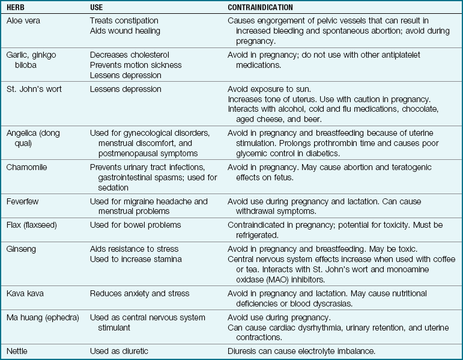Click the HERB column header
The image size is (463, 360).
coord(16,8)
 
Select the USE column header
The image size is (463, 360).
coord(98,8)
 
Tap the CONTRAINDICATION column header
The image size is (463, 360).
coord(260,8)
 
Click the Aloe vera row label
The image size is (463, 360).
coord(23,21)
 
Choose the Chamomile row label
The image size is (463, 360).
coord(27,167)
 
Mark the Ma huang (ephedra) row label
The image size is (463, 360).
coord(42,317)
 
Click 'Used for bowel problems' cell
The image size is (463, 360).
coord(135,225)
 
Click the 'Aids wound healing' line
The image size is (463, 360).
coord(124,31)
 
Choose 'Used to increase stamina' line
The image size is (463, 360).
coord(135,259)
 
